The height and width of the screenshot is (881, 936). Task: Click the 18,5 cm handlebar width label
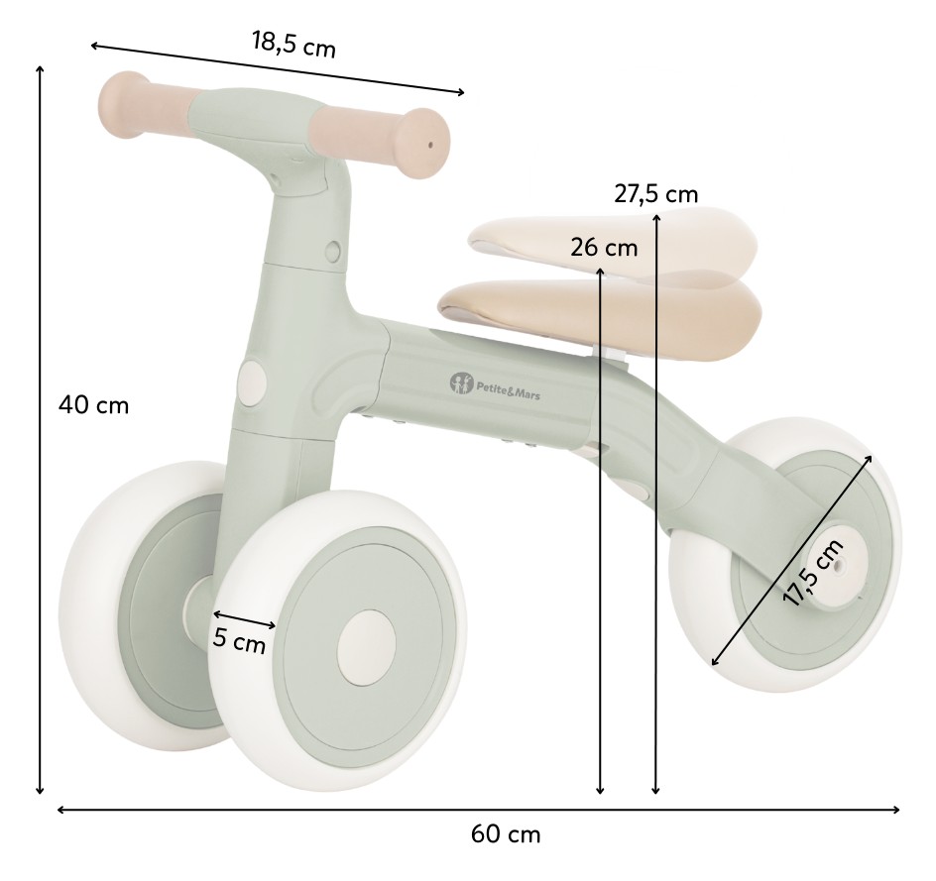point(293,45)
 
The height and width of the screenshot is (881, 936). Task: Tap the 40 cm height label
point(94,405)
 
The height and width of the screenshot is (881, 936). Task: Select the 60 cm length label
point(506,833)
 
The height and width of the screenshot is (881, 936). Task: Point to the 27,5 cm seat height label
point(656,194)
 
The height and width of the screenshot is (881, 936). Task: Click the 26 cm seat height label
point(604,248)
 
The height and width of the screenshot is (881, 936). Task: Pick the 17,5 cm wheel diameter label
point(814,572)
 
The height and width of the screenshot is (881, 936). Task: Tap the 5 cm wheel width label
point(239,640)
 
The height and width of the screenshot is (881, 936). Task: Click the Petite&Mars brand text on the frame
point(508,389)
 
